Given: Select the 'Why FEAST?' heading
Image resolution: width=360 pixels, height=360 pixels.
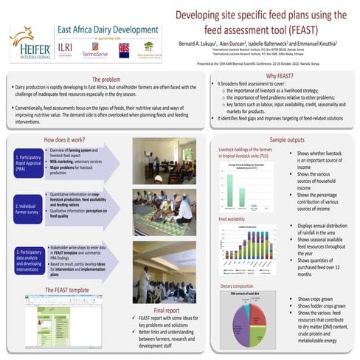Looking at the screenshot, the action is (281, 76).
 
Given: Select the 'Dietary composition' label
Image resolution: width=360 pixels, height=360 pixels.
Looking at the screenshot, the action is (238, 285).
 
